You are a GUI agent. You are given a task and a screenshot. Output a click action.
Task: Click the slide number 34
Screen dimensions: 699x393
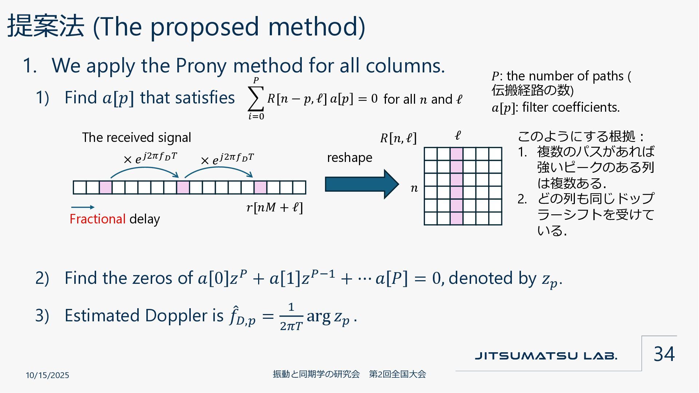pyautogui.click(x=664, y=354)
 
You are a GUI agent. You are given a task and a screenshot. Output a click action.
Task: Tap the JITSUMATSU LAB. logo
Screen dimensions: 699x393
pyautogui.click(x=546, y=356)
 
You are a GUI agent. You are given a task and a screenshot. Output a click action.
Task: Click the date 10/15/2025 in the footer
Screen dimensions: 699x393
pyautogui.click(x=47, y=375)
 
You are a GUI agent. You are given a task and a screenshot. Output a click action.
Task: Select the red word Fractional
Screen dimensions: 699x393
pyautogui.click(x=98, y=219)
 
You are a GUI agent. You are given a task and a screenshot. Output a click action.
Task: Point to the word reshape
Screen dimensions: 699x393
pyautogui.click(x=349, y=158)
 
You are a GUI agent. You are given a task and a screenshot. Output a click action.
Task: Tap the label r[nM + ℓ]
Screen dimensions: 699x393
pyautogui.click(x=275, y=207)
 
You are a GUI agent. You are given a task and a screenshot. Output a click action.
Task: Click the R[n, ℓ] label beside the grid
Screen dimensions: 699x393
pyautogui.click(x=398, y=138)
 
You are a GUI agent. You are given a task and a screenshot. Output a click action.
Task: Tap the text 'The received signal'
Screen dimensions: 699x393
pyautogui.click(x=137, y=138)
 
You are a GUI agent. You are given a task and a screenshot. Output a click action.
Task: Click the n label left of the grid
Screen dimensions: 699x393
pyautogui.click(x=414, y=188)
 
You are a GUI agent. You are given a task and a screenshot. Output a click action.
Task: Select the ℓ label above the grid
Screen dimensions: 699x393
pyautogui.click(x=458, y=136)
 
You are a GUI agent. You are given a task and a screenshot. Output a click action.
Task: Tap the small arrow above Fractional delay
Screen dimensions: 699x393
pyautogui.click(x=83, y=207)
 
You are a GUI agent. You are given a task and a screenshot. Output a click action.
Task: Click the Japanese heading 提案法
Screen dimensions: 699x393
pyautogui.click(x=46, y=26)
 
